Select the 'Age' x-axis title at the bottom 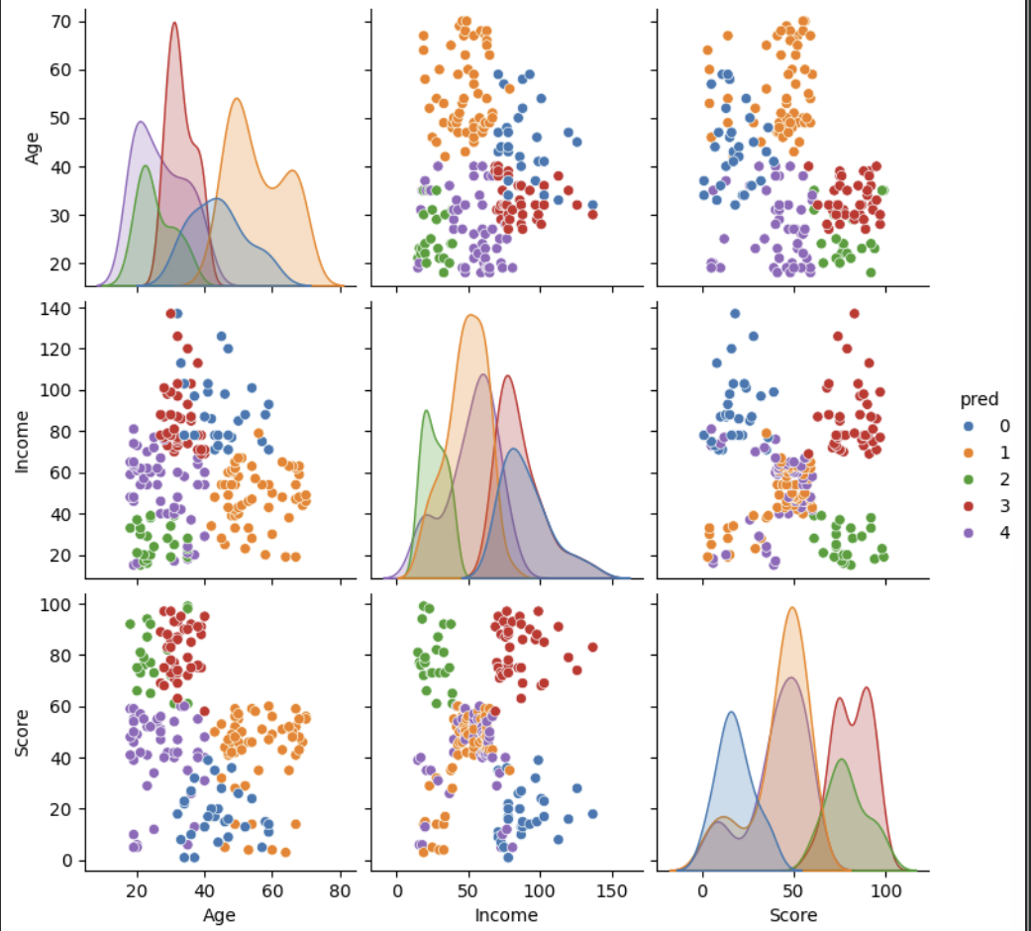[219, 915]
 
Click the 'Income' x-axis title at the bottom [505, 915]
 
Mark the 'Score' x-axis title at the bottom [794, 915]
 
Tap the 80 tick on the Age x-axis [341, 890]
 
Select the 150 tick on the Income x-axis [610, 890]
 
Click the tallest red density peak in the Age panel [174, 24]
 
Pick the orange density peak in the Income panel [471, 316]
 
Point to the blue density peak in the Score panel [731, 712]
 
